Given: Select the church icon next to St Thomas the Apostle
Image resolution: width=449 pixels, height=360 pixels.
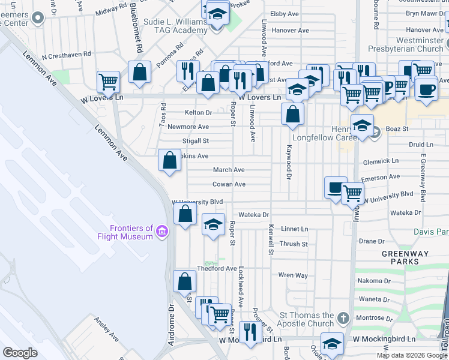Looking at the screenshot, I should click(343, 317).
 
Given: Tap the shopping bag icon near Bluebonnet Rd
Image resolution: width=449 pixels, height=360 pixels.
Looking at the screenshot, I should click(140, 73).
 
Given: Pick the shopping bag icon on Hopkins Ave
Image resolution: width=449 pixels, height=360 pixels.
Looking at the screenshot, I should click(170, 160).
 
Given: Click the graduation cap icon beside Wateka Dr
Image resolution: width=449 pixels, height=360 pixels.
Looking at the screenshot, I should click(213, 224).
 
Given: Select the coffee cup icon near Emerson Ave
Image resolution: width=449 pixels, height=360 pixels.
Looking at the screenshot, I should click(336, 187).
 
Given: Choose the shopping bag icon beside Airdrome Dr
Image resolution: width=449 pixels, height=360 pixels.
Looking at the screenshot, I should click(184, 281).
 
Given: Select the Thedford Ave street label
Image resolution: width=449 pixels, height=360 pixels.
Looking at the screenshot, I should click(217, 268).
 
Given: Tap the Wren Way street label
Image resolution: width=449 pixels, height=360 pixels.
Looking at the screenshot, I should click(293, 275).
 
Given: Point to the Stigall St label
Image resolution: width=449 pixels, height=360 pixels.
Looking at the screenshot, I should click(196, 142).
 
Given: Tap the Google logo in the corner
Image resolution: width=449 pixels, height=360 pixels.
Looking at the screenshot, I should click(20, 352).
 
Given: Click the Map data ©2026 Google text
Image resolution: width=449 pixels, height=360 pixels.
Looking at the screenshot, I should click(411, 355).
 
